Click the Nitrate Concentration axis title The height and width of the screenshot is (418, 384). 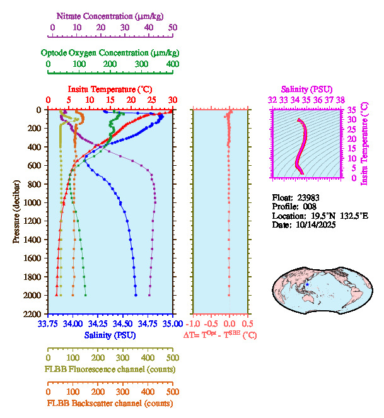[x=112, y=15]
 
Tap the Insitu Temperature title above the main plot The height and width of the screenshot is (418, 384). [x=110, y=89]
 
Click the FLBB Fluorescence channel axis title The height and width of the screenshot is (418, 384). [x=110, y=369]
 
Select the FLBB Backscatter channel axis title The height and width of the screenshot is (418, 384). [x=110, y=403]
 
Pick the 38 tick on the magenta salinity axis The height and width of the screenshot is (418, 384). [x=340, y=100]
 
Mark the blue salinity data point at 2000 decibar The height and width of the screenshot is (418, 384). [x=136, y=295]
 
